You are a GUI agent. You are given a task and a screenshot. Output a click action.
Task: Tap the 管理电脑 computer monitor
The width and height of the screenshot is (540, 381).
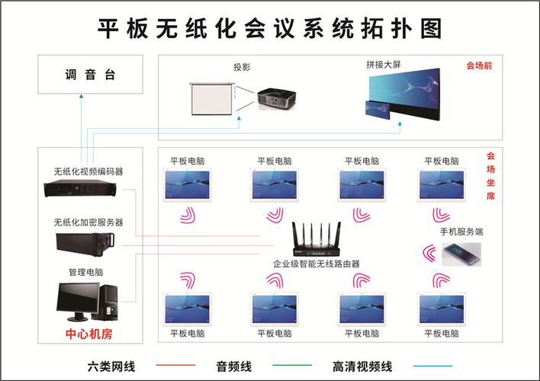pyautogui.click(x=78, y=301)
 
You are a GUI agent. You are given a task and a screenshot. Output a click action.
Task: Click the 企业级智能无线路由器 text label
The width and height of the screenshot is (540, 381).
pyautogui.click(x=317, y=264)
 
